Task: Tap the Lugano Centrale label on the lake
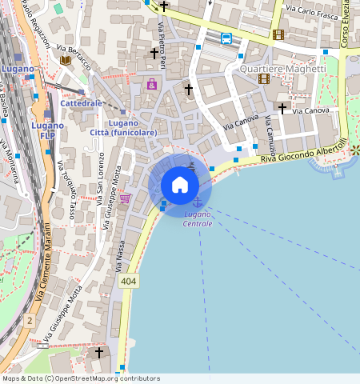click(198, 219)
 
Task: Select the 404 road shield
click(128, 282)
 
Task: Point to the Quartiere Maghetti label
click(283, 69)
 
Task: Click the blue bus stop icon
click(226, 38)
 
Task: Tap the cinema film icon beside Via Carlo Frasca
click(278, 34)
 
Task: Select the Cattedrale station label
click(82, 103)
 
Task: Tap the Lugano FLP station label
click(48, 130)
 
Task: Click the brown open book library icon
click(66, 60)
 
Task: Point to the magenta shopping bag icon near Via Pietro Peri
click(152, 84)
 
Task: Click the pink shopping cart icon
click(125, 198)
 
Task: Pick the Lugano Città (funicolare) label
click(122, 127)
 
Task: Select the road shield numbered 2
click(30, 320)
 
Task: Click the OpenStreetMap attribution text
click(80, 378)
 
